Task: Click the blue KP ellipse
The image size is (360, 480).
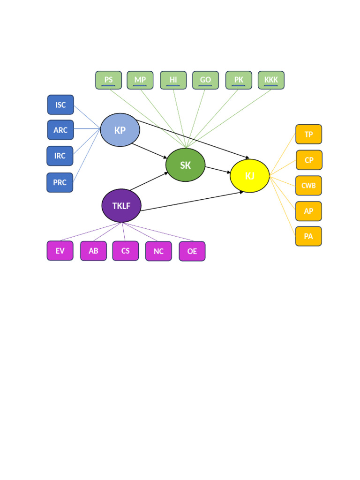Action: (x=120, y=130)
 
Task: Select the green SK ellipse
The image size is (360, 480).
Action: (x=185, y=165)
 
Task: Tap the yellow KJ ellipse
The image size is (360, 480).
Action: (x=249, y=176)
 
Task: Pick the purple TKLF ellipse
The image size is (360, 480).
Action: (x=121, y=206)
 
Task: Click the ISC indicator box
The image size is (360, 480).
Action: (x=60, y=105)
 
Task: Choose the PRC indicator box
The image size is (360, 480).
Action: (x=60, y=182)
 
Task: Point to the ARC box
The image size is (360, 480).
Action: (x=60, y=130)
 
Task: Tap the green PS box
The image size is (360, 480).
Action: (x=108, y=80)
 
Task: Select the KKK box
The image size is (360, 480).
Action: (x=271, y=80)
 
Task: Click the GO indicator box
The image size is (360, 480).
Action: (x=205, y=80)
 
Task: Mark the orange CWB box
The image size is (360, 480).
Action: (x=308, y=186)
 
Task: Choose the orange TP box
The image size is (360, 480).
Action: (x=308, y=134)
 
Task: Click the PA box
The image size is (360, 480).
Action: (x=308, y=236)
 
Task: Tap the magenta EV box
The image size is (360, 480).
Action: (x=60, y=251)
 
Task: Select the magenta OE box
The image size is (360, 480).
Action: (x=192, y=251)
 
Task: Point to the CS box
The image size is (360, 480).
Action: (x=126, y=251)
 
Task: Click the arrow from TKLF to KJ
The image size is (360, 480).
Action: (x=192, y=201)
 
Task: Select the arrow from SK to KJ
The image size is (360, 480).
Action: (x=217, y=170)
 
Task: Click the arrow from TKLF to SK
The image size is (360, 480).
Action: (x=149, y=181)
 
